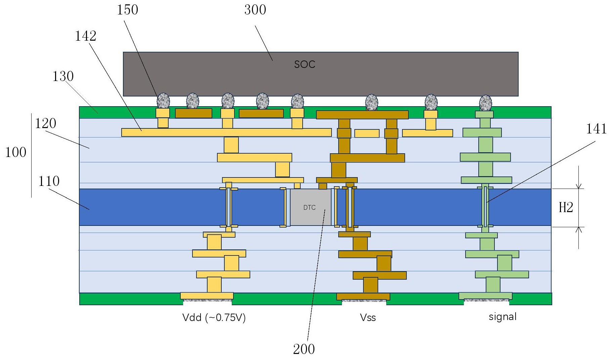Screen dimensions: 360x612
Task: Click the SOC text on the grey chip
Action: [305, 64]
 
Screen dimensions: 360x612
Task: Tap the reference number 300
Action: [255, 10]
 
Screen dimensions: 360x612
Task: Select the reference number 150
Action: [127, 10]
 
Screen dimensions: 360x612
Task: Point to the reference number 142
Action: [85, 36]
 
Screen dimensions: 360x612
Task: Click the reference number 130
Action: [62, 77]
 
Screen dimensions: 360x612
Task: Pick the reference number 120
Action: [45, 124]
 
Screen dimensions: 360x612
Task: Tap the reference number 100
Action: [15, 153]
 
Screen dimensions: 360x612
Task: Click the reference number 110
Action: [49, 182]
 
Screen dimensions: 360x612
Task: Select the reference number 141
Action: [596, 129]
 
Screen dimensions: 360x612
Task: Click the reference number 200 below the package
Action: [304, 349]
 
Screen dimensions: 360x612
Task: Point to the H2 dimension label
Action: [566, 208]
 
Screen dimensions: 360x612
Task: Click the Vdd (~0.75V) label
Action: [214, 318]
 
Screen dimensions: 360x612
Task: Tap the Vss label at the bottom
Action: [368, 318]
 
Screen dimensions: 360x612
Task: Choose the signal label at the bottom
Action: [502, 317]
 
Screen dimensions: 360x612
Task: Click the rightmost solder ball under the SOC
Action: [485, 103]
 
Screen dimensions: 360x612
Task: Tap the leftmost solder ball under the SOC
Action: [163, 101]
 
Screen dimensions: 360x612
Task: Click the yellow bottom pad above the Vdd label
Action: [207, 296]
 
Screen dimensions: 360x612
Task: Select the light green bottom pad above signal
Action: [485, 296]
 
